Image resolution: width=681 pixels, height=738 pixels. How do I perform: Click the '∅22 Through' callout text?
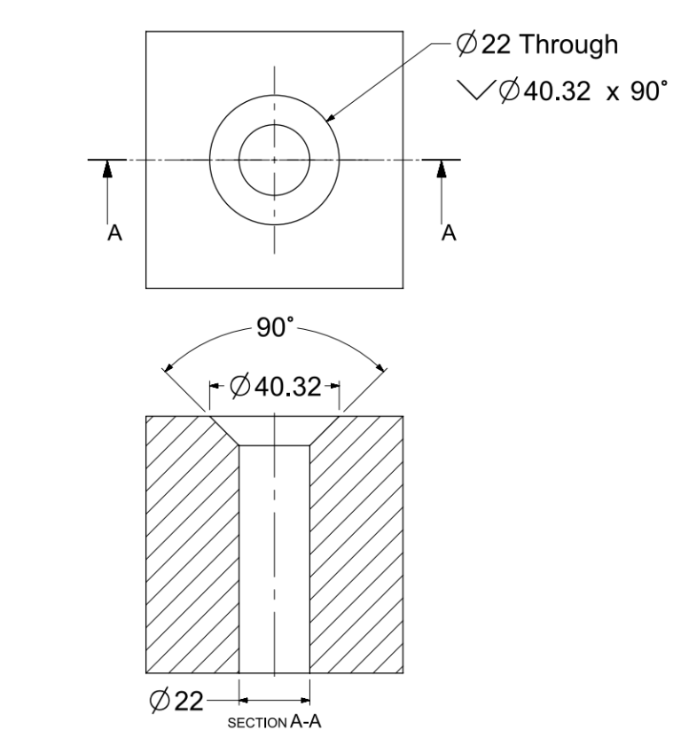536,46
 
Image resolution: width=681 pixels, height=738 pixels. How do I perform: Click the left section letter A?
112,232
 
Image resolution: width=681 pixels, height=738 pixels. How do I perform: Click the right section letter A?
449,232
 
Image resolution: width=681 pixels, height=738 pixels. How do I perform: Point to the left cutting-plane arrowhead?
108,169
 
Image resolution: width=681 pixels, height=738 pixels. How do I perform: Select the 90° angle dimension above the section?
274,329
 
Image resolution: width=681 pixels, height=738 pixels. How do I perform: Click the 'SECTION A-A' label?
275,721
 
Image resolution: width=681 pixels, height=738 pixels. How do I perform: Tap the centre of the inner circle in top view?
274,161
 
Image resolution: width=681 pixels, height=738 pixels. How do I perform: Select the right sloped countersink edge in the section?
325,431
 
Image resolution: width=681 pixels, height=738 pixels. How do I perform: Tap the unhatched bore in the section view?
275,568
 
